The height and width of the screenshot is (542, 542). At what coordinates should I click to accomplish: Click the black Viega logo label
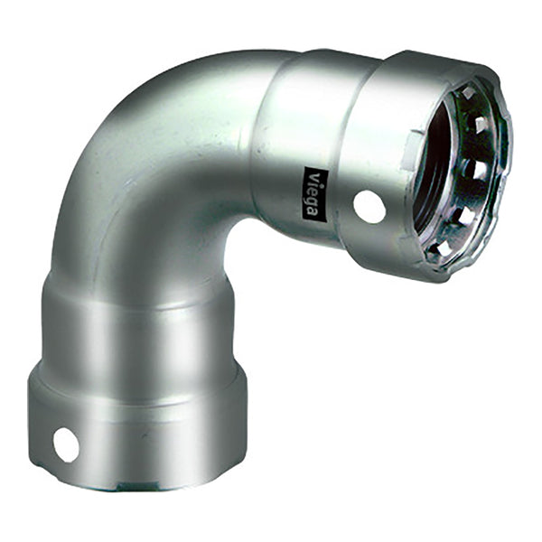pyautogui.click(x=312, y=192)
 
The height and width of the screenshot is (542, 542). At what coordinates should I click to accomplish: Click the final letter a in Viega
pyautogui.click(x=312, y=210)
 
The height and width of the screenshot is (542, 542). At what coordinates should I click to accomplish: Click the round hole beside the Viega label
pyautogui.click(x=369, y=207)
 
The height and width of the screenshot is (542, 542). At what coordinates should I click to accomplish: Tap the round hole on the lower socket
pyautogui.click(x=66, y=444)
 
